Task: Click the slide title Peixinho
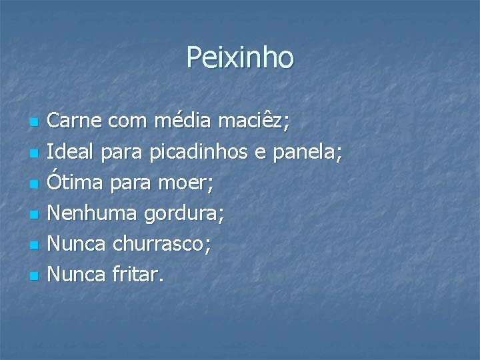click(x=240, y=57)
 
